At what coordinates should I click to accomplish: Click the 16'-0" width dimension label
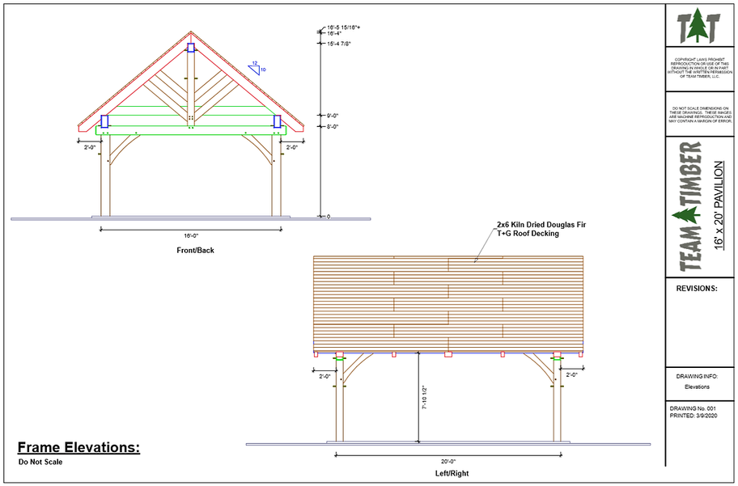pyautogui.click(x=190, y=235)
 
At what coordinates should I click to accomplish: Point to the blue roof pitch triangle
pyautogui.click(x=257, y=67)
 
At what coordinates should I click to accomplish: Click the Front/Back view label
pyautogui.click(x=195, y=250)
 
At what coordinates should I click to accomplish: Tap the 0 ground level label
pyautogui.click(x=329, y=217)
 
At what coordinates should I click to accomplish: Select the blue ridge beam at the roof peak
pyautogui.click(x=191, y=48)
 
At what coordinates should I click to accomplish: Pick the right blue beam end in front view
pyautogui.click(x=278, y=121)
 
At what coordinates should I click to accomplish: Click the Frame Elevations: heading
pyautogui.click(x=78, y=447)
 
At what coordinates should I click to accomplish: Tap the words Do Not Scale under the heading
pyautogui.click(x=40, y=463)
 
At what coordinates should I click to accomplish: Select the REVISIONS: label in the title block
pyautogui.click(x=696, y=287)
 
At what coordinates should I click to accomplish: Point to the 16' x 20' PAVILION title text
pyautogui.click(x=719, y=205)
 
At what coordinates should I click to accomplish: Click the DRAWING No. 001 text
pyautogui.click(x=693, y=409)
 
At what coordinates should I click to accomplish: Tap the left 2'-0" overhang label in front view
pyautogui.click(x=90, y=148)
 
